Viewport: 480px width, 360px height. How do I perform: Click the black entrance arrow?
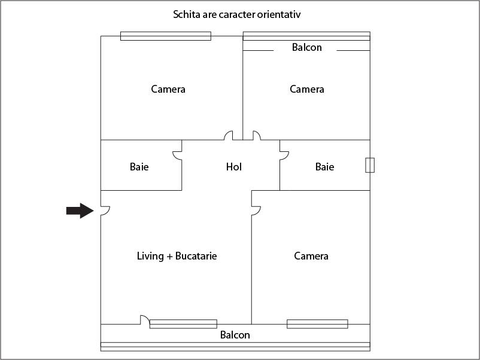[x=80, y=210]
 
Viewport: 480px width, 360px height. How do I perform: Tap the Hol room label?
[x=234, y=167]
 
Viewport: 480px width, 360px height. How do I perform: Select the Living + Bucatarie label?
[x=177, y=256]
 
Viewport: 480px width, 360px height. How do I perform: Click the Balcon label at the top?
[x=307, y=47]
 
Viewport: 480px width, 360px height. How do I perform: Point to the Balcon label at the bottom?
[x=235, y=335]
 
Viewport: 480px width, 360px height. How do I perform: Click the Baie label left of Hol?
[x=139, y=167]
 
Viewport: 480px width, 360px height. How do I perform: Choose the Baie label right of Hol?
[x=324, y=167]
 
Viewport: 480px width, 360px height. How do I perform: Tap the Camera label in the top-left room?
[x=168, y=89]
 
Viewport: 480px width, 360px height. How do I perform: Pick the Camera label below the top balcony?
[x=307, y=89]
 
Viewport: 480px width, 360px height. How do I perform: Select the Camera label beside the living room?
[x=311, y=256]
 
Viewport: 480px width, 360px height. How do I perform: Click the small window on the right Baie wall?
[x=370, y=165]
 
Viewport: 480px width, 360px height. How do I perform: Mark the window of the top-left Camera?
[x=166, y=36]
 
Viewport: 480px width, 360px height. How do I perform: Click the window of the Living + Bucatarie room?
[x=183, y=324]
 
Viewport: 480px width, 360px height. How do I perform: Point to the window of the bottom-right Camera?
[x=317, y=324]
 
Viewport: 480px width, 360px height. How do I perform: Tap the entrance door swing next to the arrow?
[x=105, y=210]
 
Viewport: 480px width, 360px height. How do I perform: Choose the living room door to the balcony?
[x=145, y=320]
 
